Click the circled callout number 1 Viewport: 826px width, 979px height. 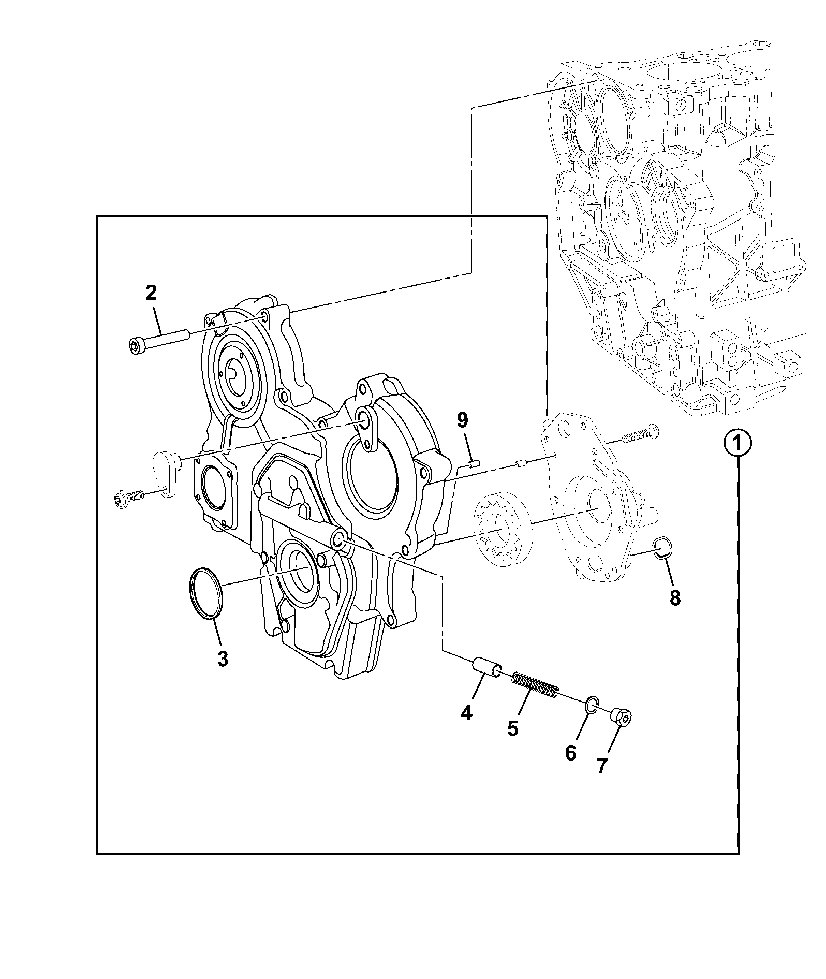[738, 443]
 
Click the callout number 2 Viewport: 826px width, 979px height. [151, 293]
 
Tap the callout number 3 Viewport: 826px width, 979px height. [223, 659]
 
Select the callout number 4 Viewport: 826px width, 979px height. [466, 713]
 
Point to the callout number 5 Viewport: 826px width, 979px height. [512, 727]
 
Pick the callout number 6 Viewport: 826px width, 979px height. [570, 753]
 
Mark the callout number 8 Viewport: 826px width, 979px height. [674, 598]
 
